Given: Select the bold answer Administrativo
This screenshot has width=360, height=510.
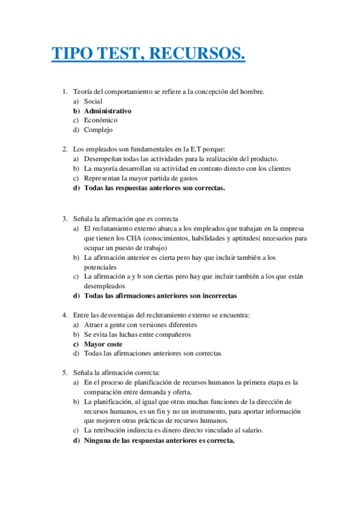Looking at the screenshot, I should (x=108, y=111).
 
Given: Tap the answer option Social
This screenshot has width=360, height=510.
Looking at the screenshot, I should (x=93, y=101).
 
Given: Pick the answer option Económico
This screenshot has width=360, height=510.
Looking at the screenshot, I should (x=100, y=120).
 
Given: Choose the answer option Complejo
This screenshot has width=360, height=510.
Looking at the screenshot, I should (x=98, y=129).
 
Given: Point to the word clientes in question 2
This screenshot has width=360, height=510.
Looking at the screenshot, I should (x=278, y=168).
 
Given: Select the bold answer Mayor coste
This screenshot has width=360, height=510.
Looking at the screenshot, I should (x=103, y=344).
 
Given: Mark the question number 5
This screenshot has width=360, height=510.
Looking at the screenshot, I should (x=64, y=372).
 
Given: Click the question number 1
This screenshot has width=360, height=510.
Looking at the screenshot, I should (x=64, y=91).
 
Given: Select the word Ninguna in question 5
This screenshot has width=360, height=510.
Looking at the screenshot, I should (x=99, y=440).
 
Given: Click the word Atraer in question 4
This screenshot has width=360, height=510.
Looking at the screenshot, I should (x=94, y=325).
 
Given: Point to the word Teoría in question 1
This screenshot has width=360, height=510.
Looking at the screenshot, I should (x=83, y=91).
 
